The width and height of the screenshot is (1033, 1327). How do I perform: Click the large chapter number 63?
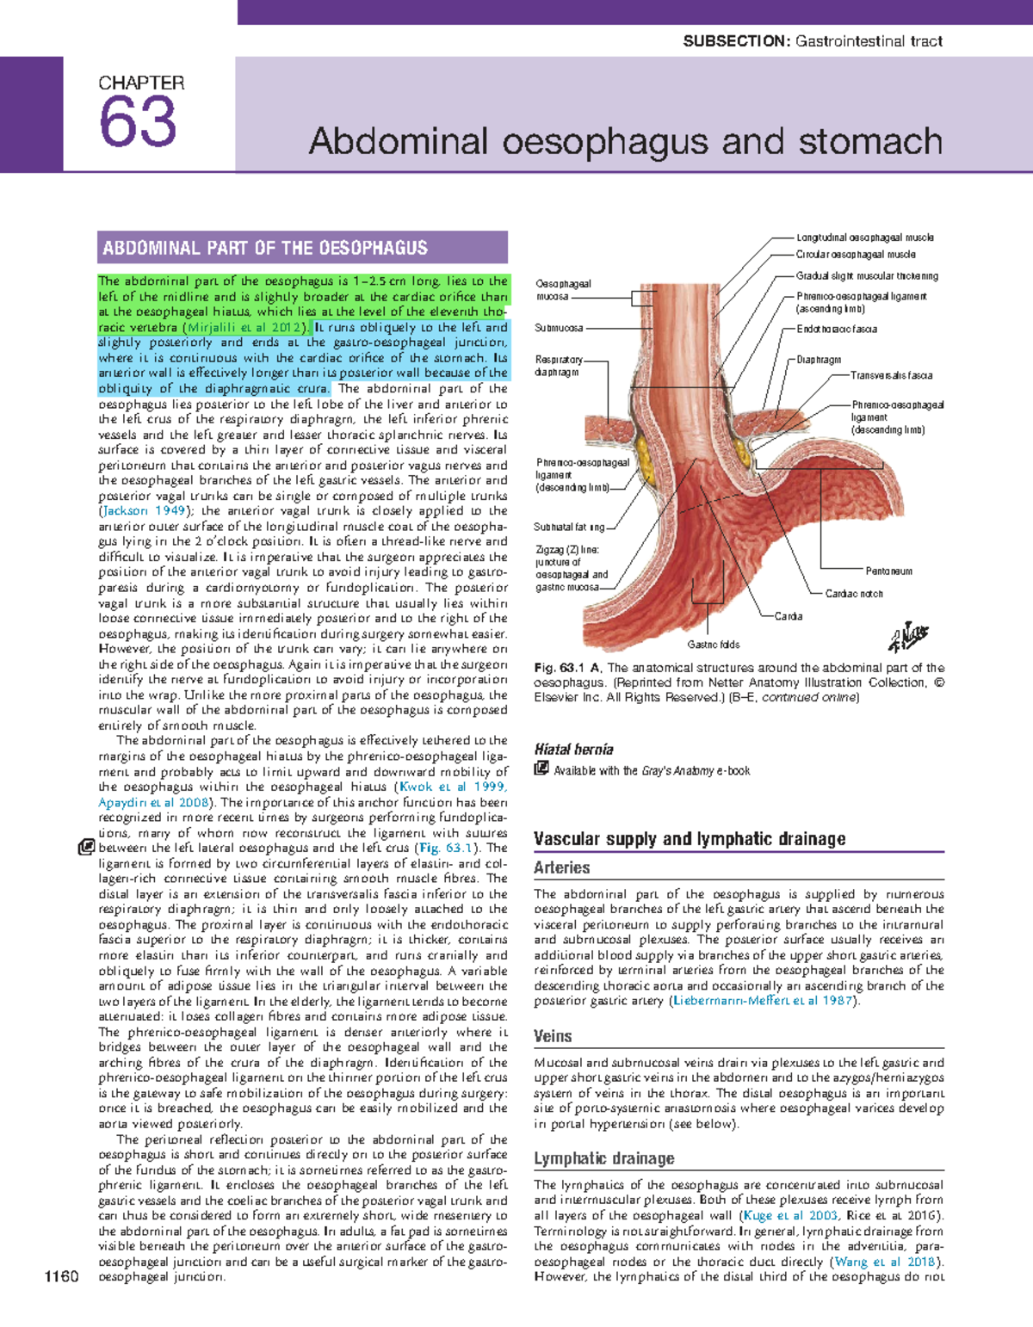(x=138, y=122)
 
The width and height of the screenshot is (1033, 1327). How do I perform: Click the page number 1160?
(x=62, y=1276)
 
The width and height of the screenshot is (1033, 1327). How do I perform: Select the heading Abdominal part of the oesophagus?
(x=265, y=249)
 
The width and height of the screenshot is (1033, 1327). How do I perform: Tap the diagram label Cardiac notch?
(x=853, y=594)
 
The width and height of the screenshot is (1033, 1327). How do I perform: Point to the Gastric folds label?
(x=713, y=645)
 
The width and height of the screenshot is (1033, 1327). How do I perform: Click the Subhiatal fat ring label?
(x=569, y=527)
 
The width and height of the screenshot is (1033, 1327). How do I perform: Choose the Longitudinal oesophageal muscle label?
(x=864, y=238)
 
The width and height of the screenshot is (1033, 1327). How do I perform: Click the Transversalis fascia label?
(x=891, y=375)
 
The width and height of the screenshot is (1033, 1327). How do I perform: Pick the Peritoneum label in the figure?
(x=888, y=571)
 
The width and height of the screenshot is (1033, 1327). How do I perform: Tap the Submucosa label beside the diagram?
(x=559, y=328)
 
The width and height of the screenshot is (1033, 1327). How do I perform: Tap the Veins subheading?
(x=553, y=1037)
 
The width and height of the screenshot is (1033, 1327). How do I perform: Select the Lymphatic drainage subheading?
(x=603, y=1159)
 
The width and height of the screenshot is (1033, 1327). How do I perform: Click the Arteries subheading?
(x=561, y=868)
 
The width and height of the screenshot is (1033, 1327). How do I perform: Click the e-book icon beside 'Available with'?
(x=541, y=768)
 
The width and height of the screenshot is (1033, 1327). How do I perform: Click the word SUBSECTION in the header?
(x=736, y=41)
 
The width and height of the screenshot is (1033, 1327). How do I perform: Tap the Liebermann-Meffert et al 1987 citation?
(x=764, y=1001)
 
